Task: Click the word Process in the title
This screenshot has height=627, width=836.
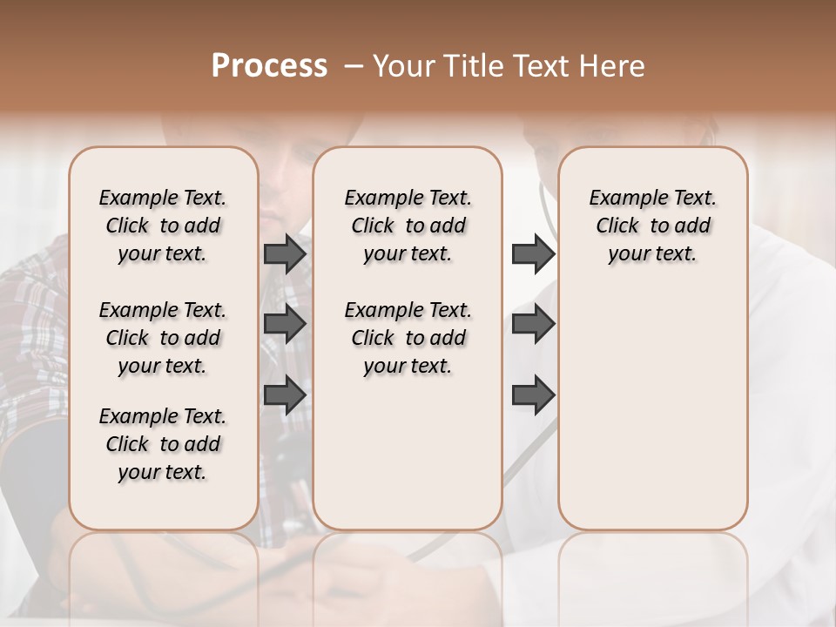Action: [269, 66]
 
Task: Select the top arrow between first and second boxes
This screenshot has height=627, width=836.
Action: [285, 253]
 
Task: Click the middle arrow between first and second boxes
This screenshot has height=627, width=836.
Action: [285, 325]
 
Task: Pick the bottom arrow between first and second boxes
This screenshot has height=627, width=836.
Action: [285, 395]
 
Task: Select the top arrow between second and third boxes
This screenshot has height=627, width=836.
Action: [533, 253]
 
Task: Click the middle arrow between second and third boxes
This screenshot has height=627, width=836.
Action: [533, 325]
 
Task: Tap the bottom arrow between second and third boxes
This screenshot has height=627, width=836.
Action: [533, 395]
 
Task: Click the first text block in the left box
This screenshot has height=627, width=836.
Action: [163, 226]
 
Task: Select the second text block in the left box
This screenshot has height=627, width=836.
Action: [163, 338]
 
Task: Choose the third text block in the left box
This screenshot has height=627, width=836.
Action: [163, 444]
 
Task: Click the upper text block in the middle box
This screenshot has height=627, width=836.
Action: [408, 226]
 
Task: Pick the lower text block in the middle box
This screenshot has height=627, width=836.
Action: [408, 338]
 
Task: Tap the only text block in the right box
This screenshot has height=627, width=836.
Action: [652, 226]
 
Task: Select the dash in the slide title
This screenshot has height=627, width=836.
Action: [353, 66]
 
